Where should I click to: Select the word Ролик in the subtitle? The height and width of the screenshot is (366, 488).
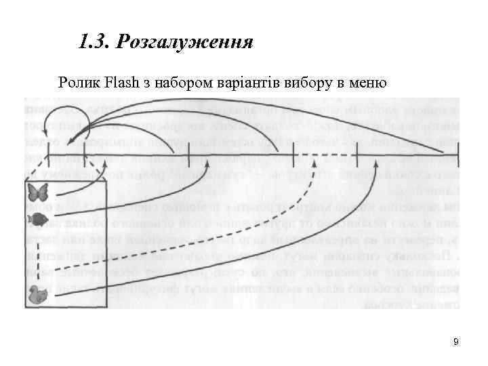[79, 83]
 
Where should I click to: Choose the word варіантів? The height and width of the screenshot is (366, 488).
[246, 83]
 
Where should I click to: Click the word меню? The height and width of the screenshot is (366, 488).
[367, 83]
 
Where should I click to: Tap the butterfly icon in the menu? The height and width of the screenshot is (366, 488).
[38, 192]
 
